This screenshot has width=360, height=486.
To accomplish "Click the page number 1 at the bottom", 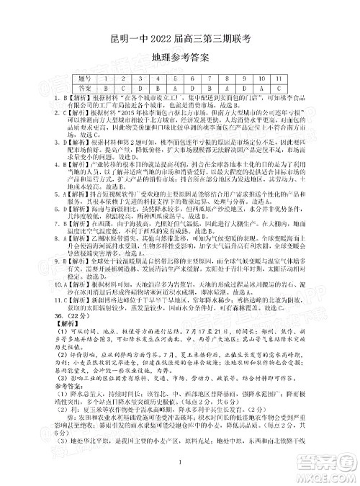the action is tap(180, 472).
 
